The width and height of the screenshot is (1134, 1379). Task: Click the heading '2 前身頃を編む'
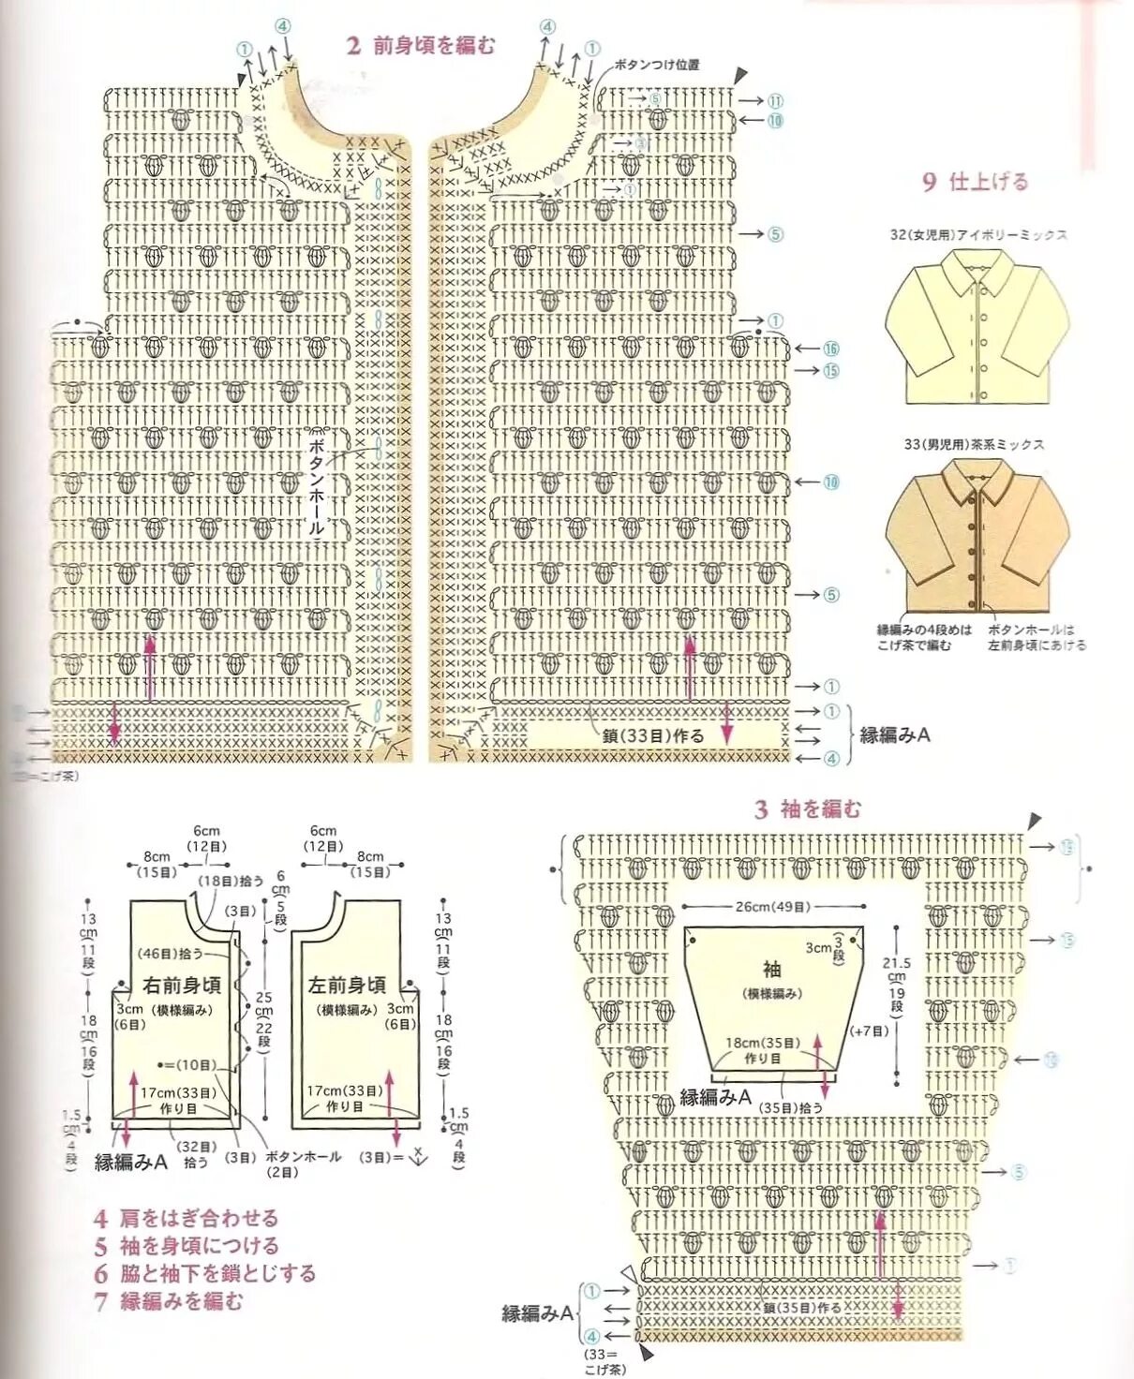[420, 45]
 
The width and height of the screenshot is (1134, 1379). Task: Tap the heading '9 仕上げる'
[975, 181]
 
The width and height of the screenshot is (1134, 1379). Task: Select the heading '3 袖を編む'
[807, 808]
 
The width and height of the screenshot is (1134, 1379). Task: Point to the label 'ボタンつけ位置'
[656, 65]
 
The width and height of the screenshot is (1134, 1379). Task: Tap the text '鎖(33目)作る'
[653, 736]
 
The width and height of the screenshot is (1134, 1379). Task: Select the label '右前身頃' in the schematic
[182, 985]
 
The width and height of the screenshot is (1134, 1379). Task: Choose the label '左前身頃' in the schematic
[347, 985]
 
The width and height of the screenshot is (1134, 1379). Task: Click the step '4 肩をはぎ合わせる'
[186, 1218]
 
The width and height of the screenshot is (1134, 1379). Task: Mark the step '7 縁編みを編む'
[168, 1300]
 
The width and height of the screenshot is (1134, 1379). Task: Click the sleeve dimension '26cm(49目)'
[772, 907]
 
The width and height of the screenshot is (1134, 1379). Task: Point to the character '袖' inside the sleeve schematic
[771, 969]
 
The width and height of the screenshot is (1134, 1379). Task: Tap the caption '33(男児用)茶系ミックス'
[974, 444]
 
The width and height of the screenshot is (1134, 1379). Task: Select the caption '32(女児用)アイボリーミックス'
[978, 234]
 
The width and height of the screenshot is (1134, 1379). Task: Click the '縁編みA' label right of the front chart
[894, 734]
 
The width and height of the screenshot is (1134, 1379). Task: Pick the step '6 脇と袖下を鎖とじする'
[204, 1273]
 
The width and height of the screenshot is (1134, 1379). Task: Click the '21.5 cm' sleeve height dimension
[896, 970]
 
